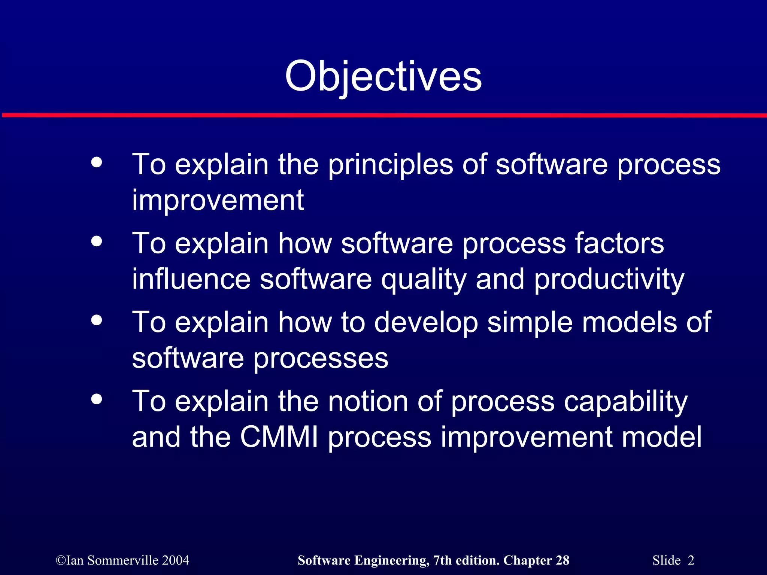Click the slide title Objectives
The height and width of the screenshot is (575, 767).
[383, 77]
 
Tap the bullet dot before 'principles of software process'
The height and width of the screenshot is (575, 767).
[97, 162]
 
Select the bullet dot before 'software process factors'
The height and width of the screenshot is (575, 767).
[97, 241]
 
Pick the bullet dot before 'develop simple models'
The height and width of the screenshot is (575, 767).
[97, 320]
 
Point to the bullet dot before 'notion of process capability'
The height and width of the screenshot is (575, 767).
[97, 399]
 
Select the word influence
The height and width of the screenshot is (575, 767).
[191, 279]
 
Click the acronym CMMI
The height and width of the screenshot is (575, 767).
[279, 437]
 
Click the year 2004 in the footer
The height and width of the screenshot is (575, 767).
[176, 560]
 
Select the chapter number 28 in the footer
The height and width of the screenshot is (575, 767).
[563, 560]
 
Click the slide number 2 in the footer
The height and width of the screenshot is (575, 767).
[691, 560]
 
